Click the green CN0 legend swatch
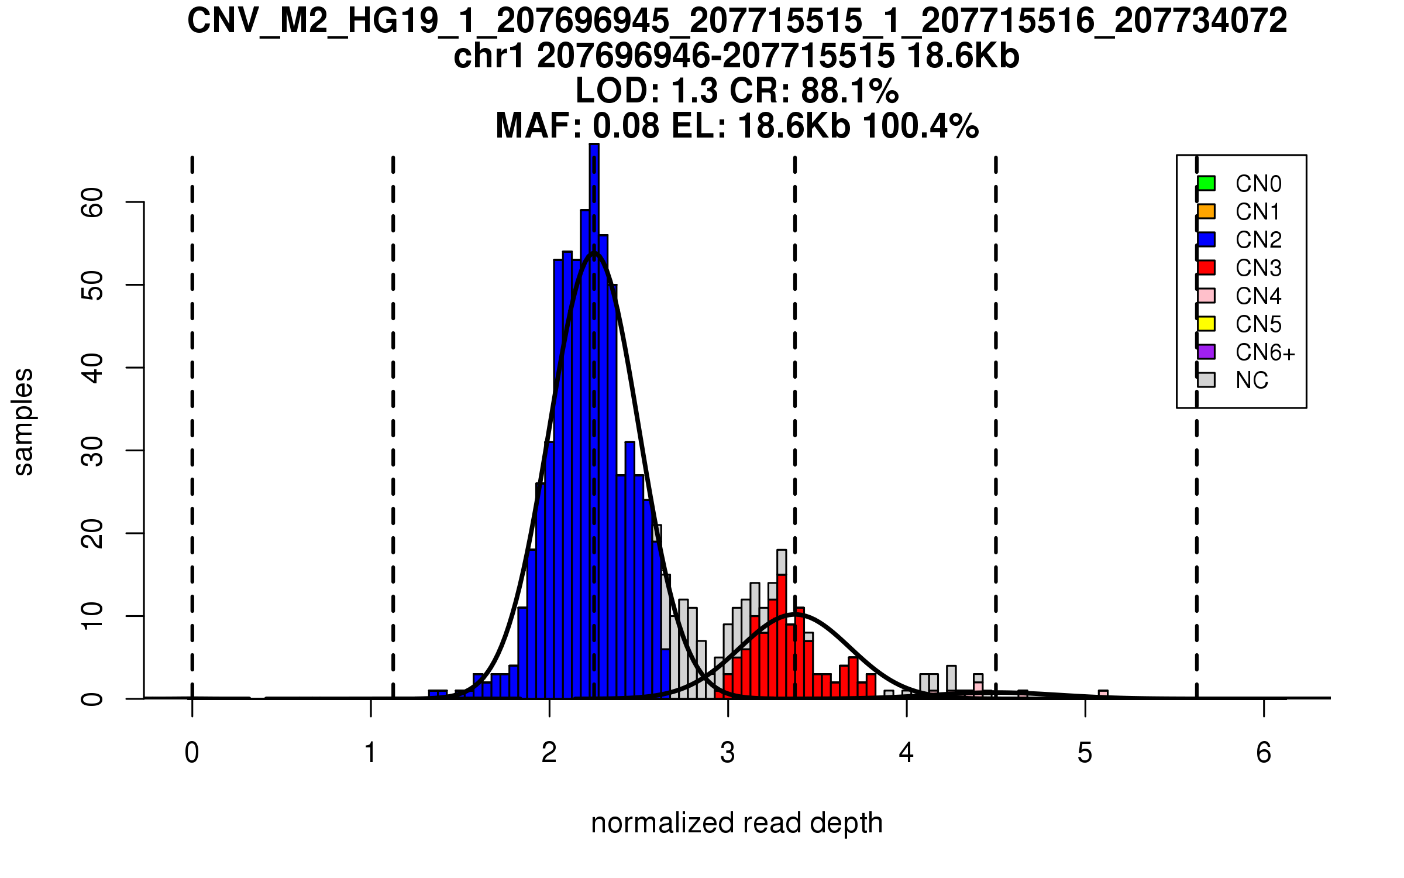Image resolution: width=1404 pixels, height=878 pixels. (1206, 183)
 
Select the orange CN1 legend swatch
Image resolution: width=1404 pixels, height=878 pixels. (1206, 211)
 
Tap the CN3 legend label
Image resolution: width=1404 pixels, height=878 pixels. (1258, 268)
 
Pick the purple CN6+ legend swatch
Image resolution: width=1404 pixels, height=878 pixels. (1206, 352)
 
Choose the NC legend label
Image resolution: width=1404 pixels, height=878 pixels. (1252, 380)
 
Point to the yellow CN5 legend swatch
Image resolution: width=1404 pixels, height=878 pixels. (1206, 324)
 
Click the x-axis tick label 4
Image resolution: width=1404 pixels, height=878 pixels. (906, 753)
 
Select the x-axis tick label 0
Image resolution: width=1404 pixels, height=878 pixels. (192, 753)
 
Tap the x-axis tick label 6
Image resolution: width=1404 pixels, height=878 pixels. (1264, 753)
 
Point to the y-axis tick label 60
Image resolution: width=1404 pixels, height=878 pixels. (92, 203)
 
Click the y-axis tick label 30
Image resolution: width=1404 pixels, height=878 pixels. (92, 451)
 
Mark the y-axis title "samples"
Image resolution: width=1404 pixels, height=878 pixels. (23, 421)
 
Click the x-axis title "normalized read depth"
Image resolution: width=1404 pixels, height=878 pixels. (737, 823)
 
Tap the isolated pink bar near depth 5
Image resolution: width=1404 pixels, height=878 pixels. (1103, 694)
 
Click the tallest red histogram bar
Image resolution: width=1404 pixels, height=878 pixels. (782, 638)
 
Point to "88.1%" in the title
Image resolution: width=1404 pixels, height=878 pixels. (850, 91)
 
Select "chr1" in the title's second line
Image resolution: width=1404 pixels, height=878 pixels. (488, 57)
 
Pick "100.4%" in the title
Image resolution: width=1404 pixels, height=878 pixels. (921, 126)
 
